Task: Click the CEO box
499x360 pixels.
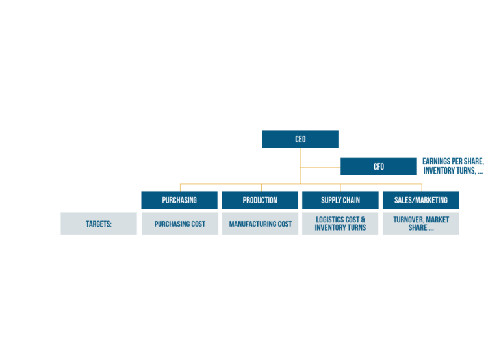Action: pyautogui.click(x=300, y=139)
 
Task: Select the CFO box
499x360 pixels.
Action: pyautogui.click(x=378, y=166)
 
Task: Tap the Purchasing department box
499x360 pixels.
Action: pyautogui.click(x=179, y=200)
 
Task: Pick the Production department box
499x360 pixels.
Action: pyautogui.click(x=260, y=200)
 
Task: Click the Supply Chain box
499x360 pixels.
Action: pyautogui.click(x=340, y=200)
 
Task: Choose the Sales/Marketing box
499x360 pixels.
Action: pyautogui.click(x=420, y=200)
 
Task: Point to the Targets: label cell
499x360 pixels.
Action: pyautogui.click(x=99, y=224)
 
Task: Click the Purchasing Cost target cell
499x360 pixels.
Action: pyautogui.click(x=180, y=224)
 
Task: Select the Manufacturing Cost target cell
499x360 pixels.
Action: pyautogui.click(x=260, y=224)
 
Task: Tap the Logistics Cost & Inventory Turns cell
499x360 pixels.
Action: pyautogui.click(x=340, y=224)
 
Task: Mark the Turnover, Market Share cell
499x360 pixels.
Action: pyautogui.click(x=420, y=224)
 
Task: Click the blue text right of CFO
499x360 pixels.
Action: pyautogui.click(x=453, y=166)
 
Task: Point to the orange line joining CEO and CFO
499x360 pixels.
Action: pyautogui.click(x=320, y=168)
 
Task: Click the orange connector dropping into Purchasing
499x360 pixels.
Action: pyautogui.click(x=180, y=187)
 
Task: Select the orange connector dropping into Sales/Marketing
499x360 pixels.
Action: pyautogui.click(x=421, y=187)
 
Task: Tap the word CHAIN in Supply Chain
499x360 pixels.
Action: pyautogui.click(x=351, y=200)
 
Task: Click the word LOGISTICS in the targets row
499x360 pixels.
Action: pyautogui.click(x=329, y=220)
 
